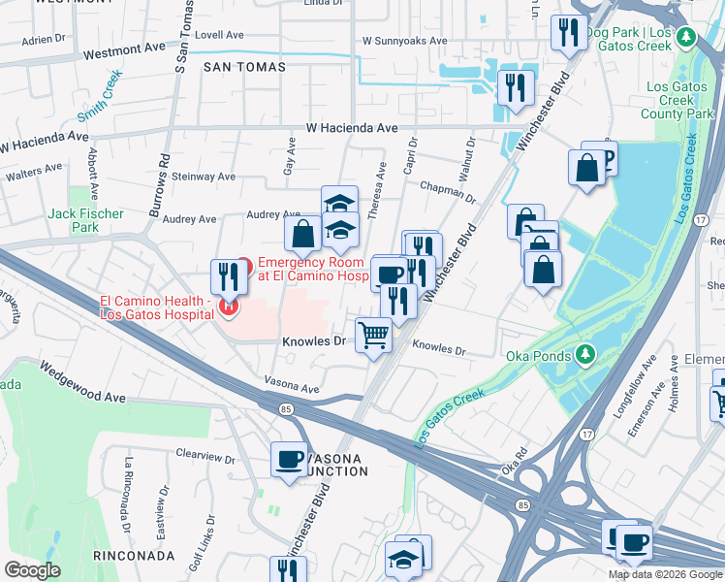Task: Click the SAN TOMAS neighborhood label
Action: (245, 67)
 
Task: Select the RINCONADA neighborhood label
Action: (134, 556)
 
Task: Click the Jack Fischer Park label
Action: (86, 220)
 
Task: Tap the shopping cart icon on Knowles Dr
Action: (374, 336)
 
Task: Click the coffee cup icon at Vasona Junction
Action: (289, 459)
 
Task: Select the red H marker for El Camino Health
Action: (229, 307)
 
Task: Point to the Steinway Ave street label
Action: (204, 178)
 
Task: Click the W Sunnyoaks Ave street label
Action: (404, 42)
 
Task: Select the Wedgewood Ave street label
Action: (82, 383)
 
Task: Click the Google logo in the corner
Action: (33, 570)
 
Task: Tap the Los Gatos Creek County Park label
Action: (678, 100)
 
